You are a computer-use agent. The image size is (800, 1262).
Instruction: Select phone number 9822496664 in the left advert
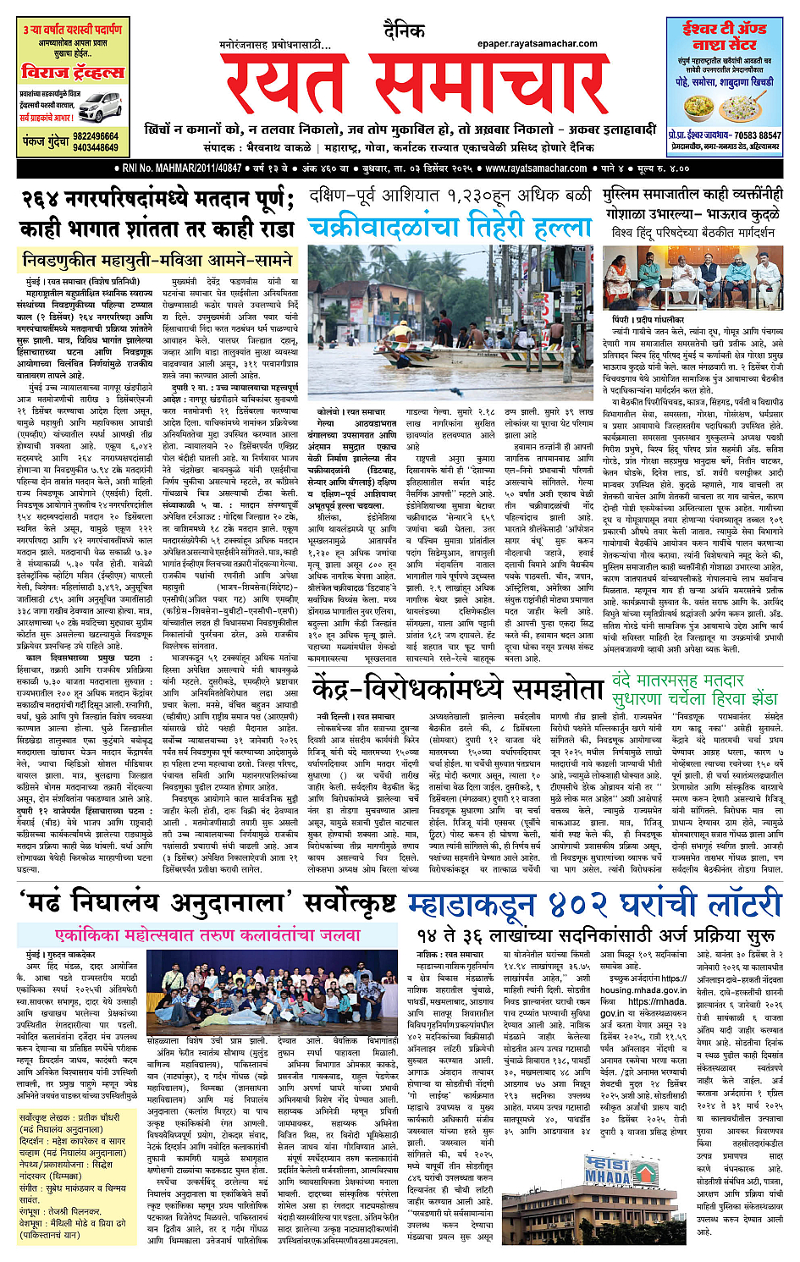[96, 135]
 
